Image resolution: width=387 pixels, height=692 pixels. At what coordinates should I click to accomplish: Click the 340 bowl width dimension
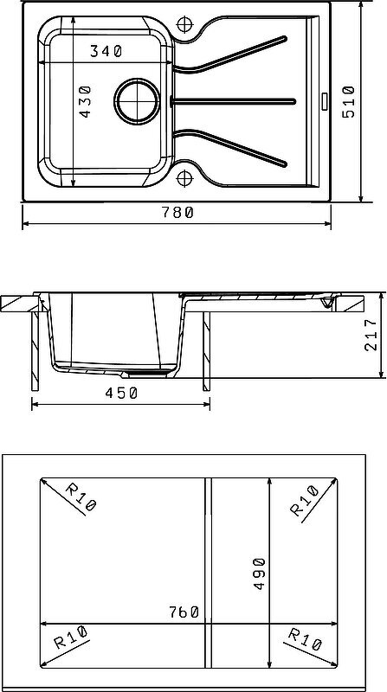point(106,52)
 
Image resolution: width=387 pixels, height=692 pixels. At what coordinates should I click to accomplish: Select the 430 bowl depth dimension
point(84,101)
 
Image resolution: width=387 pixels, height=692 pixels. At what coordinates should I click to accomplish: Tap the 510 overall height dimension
point(349,102)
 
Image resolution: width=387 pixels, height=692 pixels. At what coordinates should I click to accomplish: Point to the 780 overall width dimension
point(177,213)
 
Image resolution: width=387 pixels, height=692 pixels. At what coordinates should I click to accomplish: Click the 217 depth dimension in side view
point(371,335)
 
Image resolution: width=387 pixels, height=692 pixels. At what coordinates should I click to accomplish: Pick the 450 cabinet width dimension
point(121,393)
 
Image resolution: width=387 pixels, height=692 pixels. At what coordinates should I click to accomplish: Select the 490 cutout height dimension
point(259,573)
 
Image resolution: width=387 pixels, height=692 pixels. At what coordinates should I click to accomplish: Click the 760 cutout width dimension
point(184,612)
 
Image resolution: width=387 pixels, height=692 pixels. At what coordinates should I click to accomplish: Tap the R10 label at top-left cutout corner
point(81,497)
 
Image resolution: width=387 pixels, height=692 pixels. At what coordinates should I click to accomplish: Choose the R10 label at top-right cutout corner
point(305,501)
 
